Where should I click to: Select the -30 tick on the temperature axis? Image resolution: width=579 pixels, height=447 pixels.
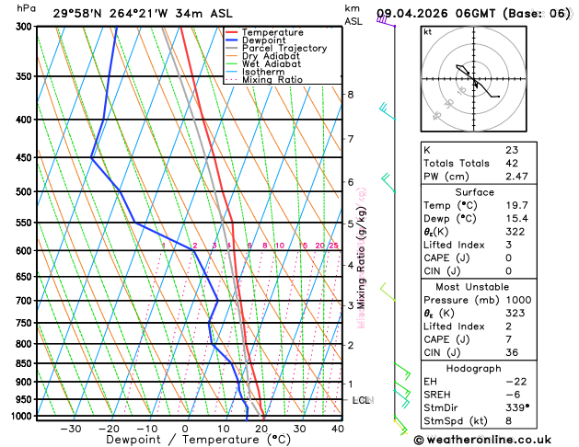[70, 429]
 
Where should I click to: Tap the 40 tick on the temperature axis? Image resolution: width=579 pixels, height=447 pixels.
[338, 429]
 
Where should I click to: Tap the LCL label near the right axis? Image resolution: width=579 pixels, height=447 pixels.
[362, 401]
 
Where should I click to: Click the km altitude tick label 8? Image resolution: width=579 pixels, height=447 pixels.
[351, 95]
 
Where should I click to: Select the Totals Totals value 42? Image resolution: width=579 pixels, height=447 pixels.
[512, 163]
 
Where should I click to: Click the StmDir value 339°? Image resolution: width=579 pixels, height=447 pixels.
[517, 407]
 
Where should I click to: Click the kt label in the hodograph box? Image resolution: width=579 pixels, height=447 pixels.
[427, 32]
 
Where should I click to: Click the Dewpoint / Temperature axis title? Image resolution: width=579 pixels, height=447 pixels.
[186, 441]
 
